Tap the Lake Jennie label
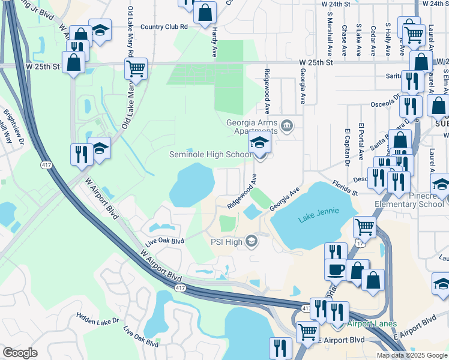click(318, 211)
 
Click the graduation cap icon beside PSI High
click(252, 242)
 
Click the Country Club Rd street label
click(164, 26)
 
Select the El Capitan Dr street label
click(347, 147)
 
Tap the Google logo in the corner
click(20, 353)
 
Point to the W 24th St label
click(336, 4)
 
